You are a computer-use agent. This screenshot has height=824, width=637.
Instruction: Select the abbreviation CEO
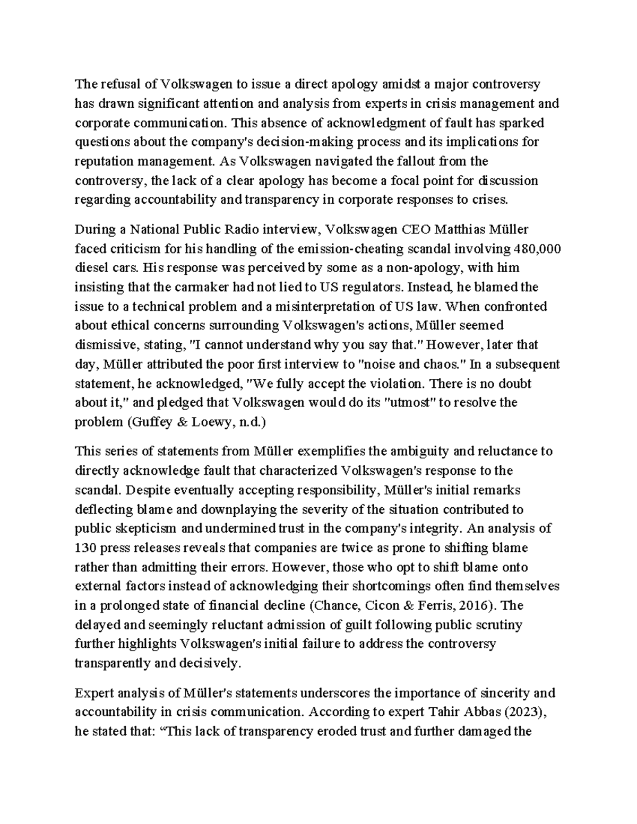pos(416,229)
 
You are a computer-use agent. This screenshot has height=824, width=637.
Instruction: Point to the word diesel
pos(90,268)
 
